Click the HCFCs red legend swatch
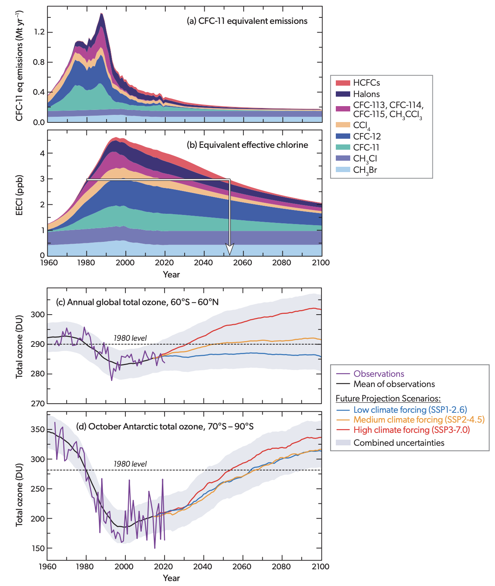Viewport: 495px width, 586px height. (x=343, y=83)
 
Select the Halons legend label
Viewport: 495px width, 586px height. (x=366, y=94)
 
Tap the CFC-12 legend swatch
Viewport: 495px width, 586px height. (x=343, y=136)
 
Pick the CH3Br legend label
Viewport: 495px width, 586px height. (x=365, y=170)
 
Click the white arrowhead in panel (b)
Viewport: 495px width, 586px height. (x=230, y=249)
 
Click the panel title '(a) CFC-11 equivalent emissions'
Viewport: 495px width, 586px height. (x=247, y=21)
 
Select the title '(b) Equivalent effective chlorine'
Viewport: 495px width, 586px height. (x=247, y=145)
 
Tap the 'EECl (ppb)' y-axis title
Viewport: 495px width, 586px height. (x=19, y=195)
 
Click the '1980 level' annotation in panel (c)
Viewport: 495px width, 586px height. (x=130, y=338)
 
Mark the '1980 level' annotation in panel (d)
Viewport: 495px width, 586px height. (x=130, y=464)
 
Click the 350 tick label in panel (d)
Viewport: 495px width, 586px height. (x=38, y=429)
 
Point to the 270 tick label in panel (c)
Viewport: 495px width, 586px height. (x=38, y=404)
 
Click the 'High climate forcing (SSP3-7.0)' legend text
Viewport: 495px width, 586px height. (x=412, y=430)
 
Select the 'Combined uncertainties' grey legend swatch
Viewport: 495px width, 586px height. (x=343, y=443)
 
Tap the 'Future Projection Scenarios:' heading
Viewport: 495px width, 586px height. (x=388, y=398)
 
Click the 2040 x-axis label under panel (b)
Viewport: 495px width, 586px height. (x=204, y=263)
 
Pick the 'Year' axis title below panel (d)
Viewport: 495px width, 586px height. (x=171, y=578)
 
